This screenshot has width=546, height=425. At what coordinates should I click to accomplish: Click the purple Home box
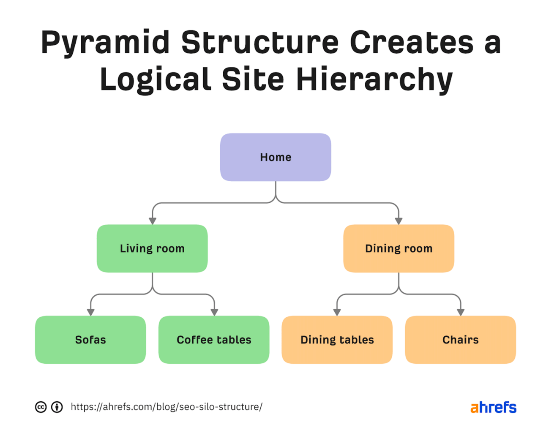coord(276,157)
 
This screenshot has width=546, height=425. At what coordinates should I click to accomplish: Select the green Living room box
coord(152,248)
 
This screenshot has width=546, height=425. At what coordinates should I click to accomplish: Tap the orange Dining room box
coord(399,248)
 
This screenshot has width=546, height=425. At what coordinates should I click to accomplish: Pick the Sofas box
coord(90,340)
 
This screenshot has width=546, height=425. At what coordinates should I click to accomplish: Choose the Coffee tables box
coord(214,340)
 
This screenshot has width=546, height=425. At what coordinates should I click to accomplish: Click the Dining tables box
coord(337,340)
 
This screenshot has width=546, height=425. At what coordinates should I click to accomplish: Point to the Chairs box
coord(460,340)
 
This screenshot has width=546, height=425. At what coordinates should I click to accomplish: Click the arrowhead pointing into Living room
coord(153,221)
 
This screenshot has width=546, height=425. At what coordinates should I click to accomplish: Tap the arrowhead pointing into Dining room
coord(399,221)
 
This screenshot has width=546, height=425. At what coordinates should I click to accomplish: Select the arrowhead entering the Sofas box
coord(90,312)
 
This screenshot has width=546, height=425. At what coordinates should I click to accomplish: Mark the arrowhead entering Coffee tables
coord(214,312)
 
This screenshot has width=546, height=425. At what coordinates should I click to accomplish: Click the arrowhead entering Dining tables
coord(337,312)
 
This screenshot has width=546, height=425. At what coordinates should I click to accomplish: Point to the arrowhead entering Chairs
coord(461,312)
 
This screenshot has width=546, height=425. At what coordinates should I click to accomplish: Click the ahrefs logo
coord(493,407)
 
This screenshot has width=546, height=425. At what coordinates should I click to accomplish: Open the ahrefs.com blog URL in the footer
coord(167,407)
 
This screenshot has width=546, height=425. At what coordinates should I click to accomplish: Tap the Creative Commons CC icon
coord(41,407)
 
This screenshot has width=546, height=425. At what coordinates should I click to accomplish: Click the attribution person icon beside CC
coord(57,407)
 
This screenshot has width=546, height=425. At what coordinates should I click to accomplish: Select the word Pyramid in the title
coord(105,43)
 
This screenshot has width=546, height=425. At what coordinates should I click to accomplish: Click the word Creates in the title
coord(411,43)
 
